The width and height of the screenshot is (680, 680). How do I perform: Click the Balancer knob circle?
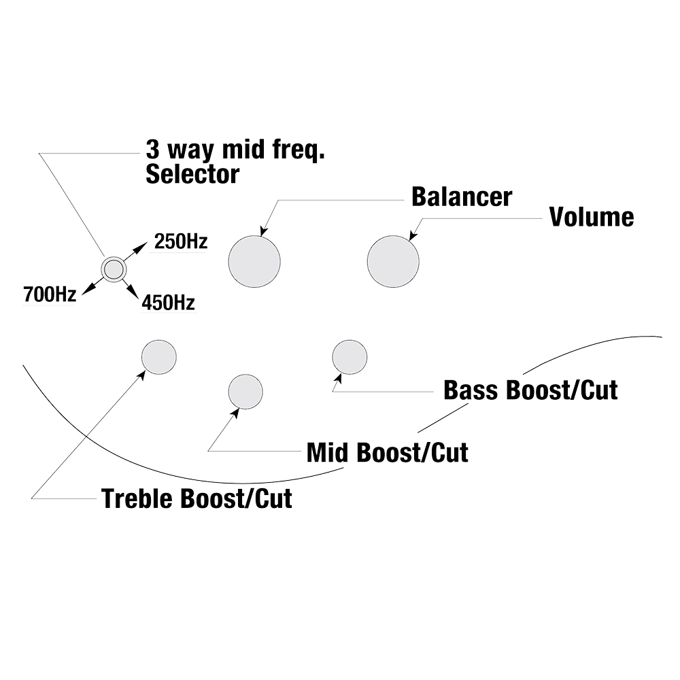(x=254, y=262)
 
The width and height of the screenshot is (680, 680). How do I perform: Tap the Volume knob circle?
(x=393, y=262)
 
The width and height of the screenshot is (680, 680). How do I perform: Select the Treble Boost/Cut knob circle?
(x=159, y=356)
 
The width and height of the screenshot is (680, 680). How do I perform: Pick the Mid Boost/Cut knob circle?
(x=245, y=392)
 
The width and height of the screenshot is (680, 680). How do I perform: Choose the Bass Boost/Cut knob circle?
(x=350, y=356)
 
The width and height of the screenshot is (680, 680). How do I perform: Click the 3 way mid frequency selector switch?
(x=114, y=269)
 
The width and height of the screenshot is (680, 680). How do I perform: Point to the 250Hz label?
(x=181, y=241)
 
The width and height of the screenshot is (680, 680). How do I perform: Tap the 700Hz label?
(x=49, y=295)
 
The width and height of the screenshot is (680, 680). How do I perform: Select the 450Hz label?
(x=168, y=303)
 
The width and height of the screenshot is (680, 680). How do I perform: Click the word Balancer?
(x=462, y=197)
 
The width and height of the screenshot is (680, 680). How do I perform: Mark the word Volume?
(x=592, y=217)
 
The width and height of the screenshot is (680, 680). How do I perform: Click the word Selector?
(x=192, y=174)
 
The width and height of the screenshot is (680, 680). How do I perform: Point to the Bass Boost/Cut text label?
(x=530, y=391)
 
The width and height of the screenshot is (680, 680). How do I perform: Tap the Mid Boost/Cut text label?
(x=388, y=452)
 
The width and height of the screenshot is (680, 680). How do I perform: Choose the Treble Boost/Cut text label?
(x=197, y=499)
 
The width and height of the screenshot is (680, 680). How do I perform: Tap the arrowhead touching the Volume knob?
(x=412, y=235)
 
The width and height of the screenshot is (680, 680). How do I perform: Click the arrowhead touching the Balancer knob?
(x=264, y=232)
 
